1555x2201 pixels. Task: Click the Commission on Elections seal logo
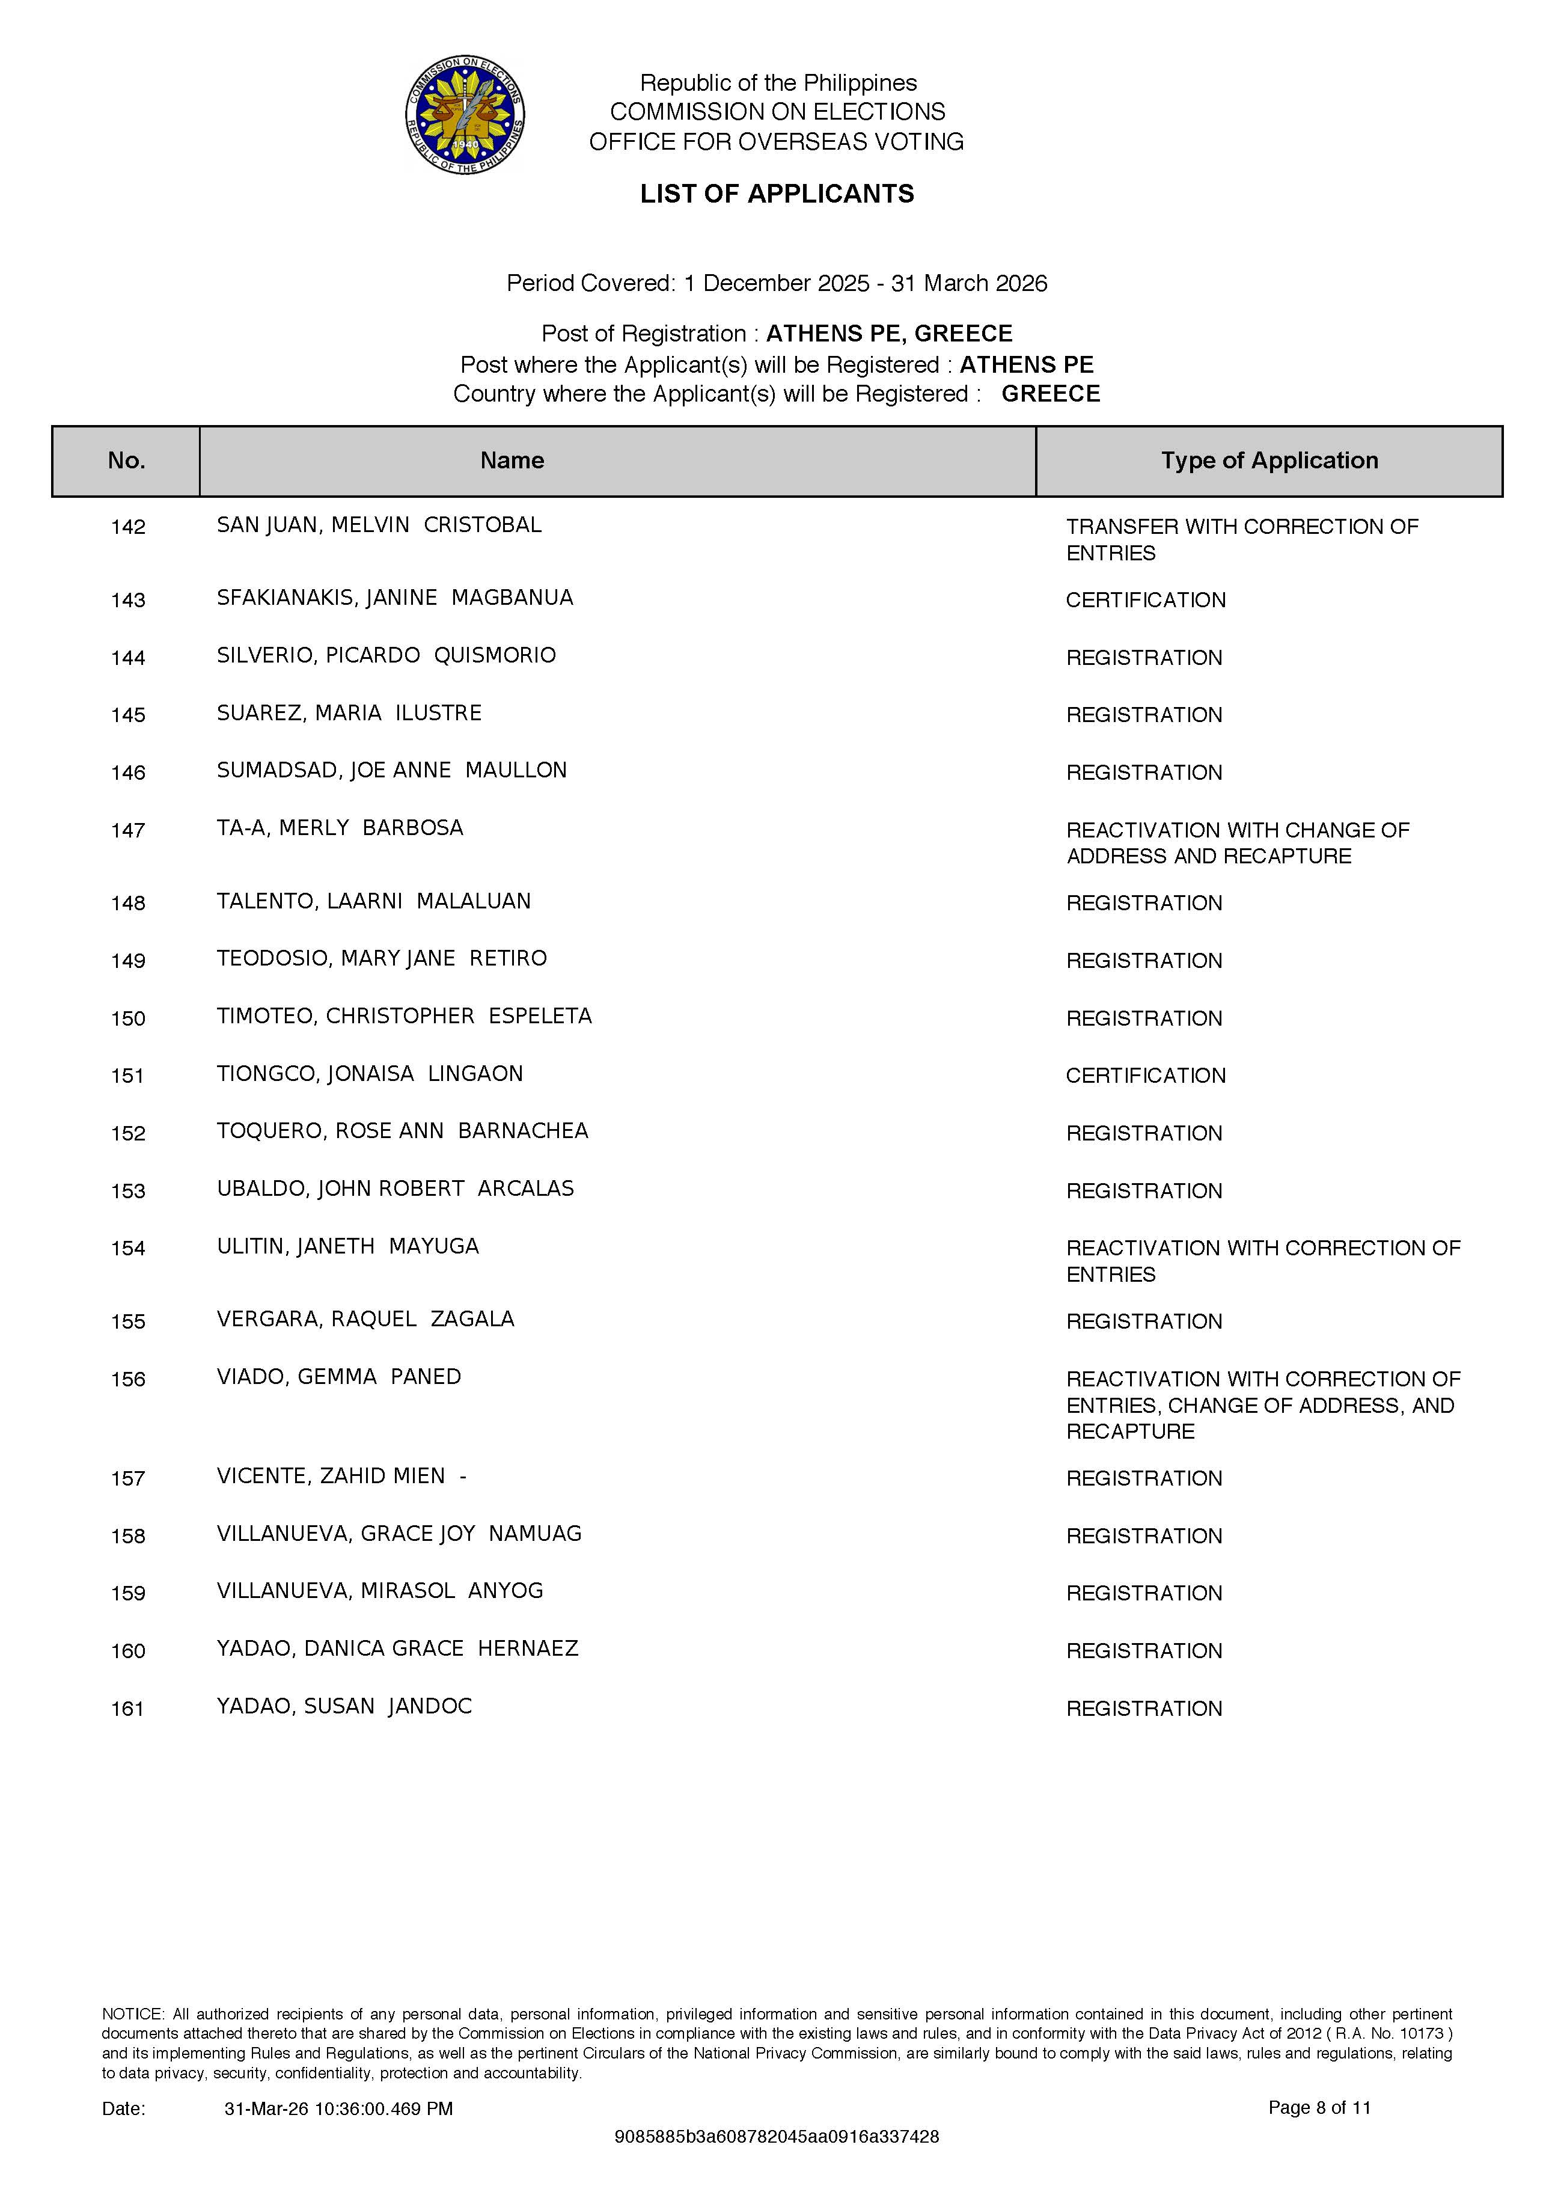[x=465, y=114]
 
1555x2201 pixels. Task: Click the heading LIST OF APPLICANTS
[x=777, y=194]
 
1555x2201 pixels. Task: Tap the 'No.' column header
[x=127, y=461]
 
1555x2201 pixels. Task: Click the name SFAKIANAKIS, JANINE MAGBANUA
[x=394, y=598]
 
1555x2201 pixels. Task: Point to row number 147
[x=127, y=830]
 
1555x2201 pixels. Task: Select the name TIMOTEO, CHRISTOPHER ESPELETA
[x=403, y=1016]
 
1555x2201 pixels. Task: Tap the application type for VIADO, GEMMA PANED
[x=1262, y=1406]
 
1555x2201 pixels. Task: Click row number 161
[x=127, y=1708]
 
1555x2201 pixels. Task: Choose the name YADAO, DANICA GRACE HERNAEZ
[x=397, y=1649]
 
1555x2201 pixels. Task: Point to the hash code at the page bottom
[x=777, y=2137]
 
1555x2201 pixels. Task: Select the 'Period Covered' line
[x=777, y=284]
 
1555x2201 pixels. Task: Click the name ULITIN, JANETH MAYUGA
[x=347, y=1246]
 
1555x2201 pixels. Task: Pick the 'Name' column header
[x=512, y=461]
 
